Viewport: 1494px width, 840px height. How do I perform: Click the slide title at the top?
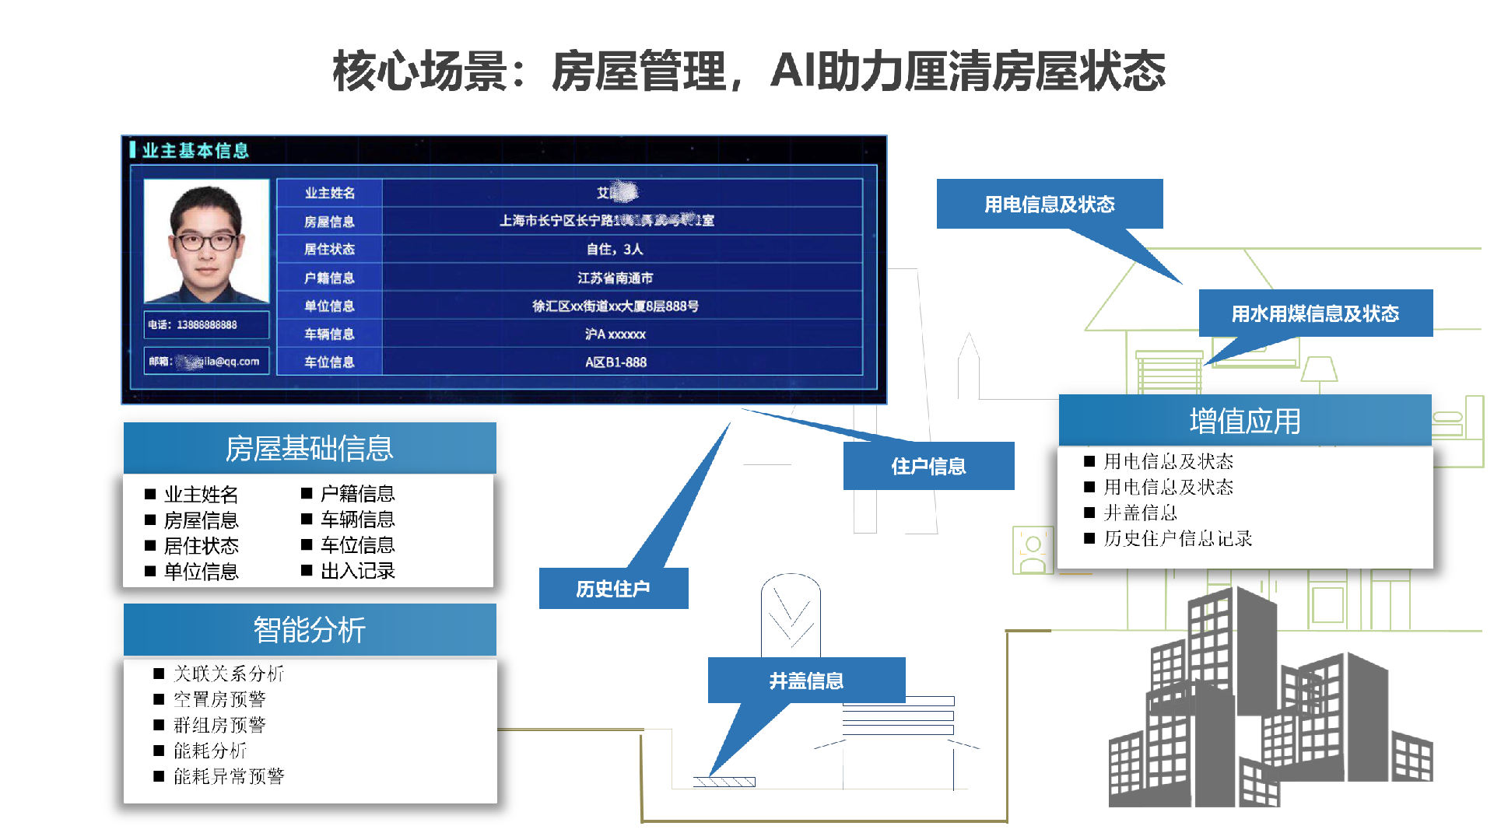(x=749, y=72)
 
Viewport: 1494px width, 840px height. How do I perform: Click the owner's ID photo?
(x=207, y=242)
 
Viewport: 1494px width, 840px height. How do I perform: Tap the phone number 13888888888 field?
(x=207, y=325)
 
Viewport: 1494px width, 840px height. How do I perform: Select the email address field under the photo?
(x=207, y=362)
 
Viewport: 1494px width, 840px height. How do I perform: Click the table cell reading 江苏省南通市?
(x=615, y=278)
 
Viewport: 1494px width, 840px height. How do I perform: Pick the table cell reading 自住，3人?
(x=615, y=250)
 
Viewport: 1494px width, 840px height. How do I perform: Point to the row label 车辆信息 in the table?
(x=329, y=334)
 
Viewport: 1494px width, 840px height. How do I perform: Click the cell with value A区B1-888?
(x=615, y=362)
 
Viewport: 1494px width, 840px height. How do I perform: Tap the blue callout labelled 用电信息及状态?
(x=1049, y=205)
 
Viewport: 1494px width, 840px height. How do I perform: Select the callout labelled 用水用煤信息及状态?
(x=1315, y=313)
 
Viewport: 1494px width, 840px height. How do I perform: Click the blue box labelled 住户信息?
(x=928, y=466)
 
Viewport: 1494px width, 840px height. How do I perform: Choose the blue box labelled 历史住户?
(x=613, y=589)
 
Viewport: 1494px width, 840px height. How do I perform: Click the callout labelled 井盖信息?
(x=806, y=681)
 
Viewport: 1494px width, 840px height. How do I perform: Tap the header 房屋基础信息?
(x=310, y=449)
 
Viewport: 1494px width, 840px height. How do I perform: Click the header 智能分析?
(x=310, y=630)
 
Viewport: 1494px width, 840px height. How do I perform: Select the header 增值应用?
(x=1245, y=421)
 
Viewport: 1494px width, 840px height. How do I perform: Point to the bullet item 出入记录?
(x=358, y=571)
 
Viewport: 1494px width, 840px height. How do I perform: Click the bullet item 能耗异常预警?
(x=229, y=776)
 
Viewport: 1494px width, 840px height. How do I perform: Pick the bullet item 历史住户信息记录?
(x=1177, y=538)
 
